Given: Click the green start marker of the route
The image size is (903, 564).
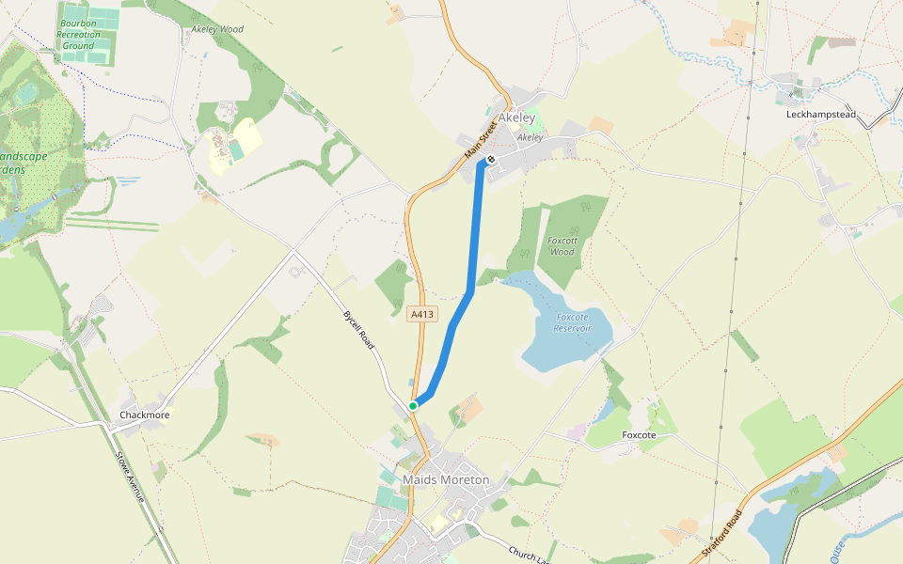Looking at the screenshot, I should (x=413, y=405).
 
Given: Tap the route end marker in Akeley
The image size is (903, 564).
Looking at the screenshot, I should (x=490, y=159).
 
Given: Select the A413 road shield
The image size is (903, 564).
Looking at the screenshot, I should (x=422, y=315).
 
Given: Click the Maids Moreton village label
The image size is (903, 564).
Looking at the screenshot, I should (x=446, y=479).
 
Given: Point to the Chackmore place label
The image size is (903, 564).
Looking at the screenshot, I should (x=144, y=415).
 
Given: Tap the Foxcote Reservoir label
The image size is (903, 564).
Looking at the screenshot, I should (x=572, y=322).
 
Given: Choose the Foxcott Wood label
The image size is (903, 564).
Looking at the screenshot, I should (x=562, y=245).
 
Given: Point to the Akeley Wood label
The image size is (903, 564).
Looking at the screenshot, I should (x=217, y=29).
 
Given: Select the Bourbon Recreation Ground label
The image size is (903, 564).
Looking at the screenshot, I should (x=79, y=34).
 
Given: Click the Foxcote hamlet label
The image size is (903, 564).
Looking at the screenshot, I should (x=639, y=435).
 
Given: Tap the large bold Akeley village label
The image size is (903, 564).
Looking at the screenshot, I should (x=516, y=118).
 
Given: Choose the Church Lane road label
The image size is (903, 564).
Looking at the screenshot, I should (x=528, y=554).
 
